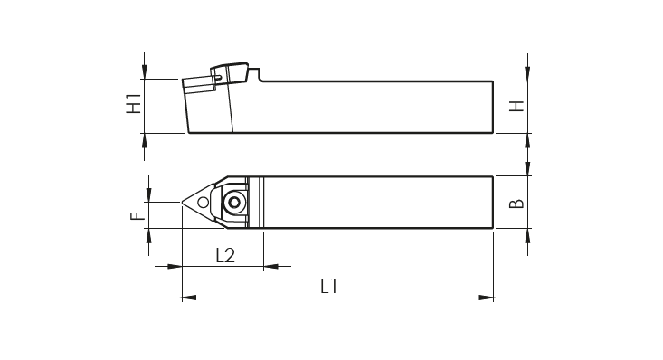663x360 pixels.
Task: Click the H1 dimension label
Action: click(x=134, y=103)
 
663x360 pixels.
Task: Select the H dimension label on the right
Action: click(x=516, y=106)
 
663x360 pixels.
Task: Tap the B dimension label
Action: click(x=516, y=204)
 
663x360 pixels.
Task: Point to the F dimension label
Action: click(x=137, y=216)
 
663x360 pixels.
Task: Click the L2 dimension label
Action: click(x=225, y=255)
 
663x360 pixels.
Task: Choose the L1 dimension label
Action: click(x=329, y=287)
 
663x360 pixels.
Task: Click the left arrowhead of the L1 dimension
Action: click(x=189, y=298)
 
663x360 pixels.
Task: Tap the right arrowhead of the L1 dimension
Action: click(x=487, y=298)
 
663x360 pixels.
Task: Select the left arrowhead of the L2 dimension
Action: click(x=175, y=267)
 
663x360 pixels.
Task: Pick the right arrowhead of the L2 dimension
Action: click(x=271, y=267)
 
